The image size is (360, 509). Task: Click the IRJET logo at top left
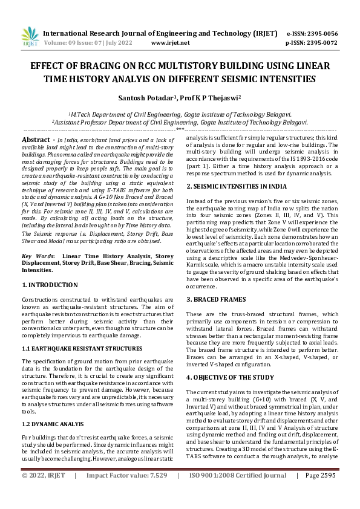(x=30, y=37)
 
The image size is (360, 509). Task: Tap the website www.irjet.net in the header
(x=167, y=44)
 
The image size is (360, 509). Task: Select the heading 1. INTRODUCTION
(x=50, y=284)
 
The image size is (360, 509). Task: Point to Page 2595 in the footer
(x=320, y=493)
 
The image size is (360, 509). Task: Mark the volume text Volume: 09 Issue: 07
(x=73, y=44)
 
